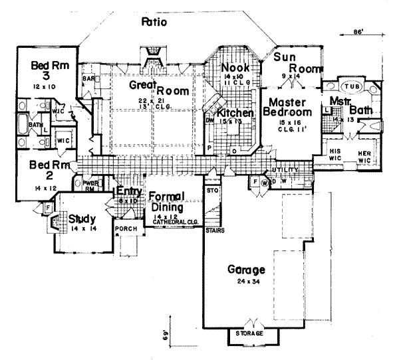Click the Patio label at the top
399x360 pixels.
pyautogui.click(x=154, y=23)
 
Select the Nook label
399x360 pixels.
pyautogui.click(x=235, y=68)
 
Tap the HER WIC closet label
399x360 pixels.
pyautogui.click(x=363, y=154)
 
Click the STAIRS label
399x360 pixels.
pyautogui.click(x=214, y=230)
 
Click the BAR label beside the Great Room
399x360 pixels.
pyautogui.click(x=88, y=78)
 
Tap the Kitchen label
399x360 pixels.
pyautogui.click(x=235, y=114)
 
